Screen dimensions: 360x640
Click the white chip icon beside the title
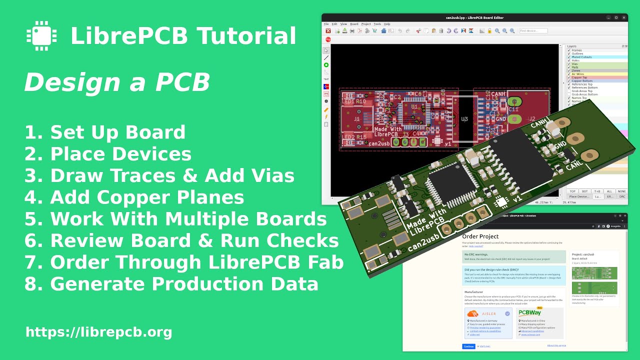41,35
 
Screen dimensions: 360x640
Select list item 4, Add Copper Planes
134,197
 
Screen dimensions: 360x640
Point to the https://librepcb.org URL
98,332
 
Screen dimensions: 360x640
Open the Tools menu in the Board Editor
377,24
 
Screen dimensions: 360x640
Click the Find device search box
533,31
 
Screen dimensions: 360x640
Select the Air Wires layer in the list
577,74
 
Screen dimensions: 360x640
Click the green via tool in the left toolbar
326,65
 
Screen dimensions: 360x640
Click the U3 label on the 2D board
464,119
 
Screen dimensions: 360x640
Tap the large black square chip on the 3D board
453,182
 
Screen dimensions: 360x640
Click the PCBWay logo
530,313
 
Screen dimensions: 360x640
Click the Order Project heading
480,236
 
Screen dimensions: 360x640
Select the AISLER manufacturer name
489,314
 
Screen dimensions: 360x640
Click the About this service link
556,345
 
